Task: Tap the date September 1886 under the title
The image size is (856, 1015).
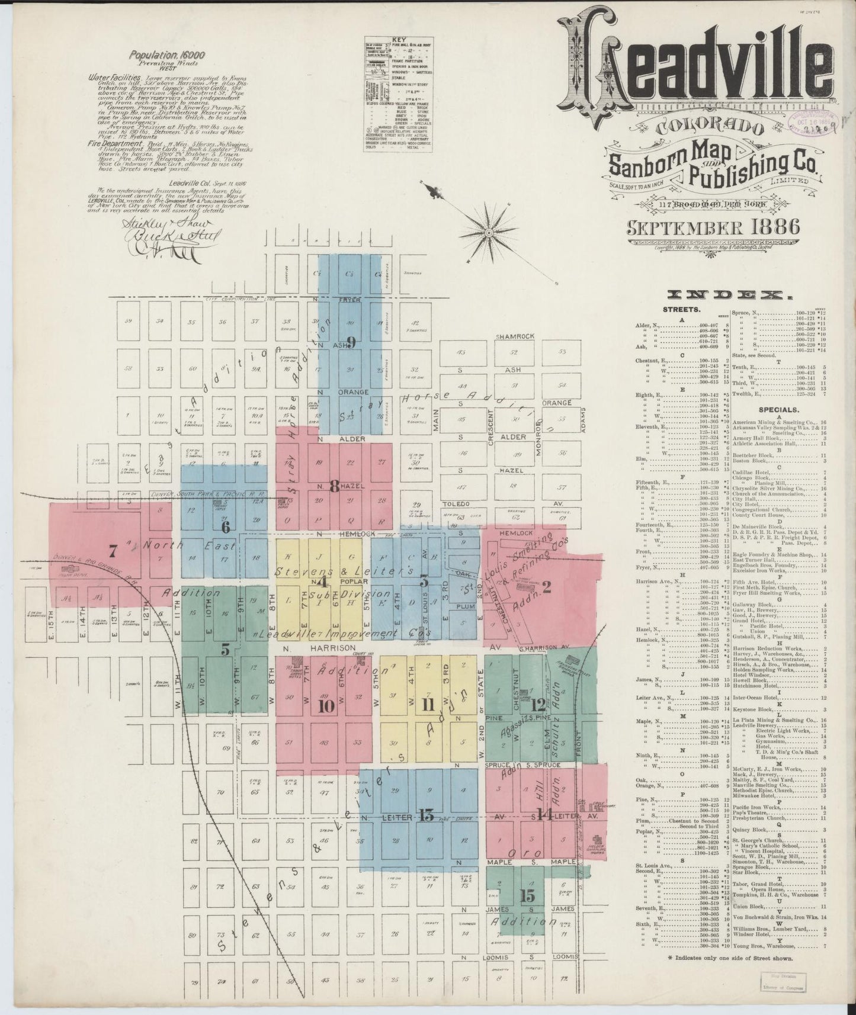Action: click(x=711, y=227)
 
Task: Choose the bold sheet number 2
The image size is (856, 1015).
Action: click(x=546, y=587)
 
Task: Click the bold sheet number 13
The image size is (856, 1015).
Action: click(x=426, y=815)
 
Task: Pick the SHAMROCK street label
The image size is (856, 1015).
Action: click(x=515, y=336)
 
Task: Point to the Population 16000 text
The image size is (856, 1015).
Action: click(x=168, y=55)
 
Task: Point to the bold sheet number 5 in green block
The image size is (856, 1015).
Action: click(x=226, y=650)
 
